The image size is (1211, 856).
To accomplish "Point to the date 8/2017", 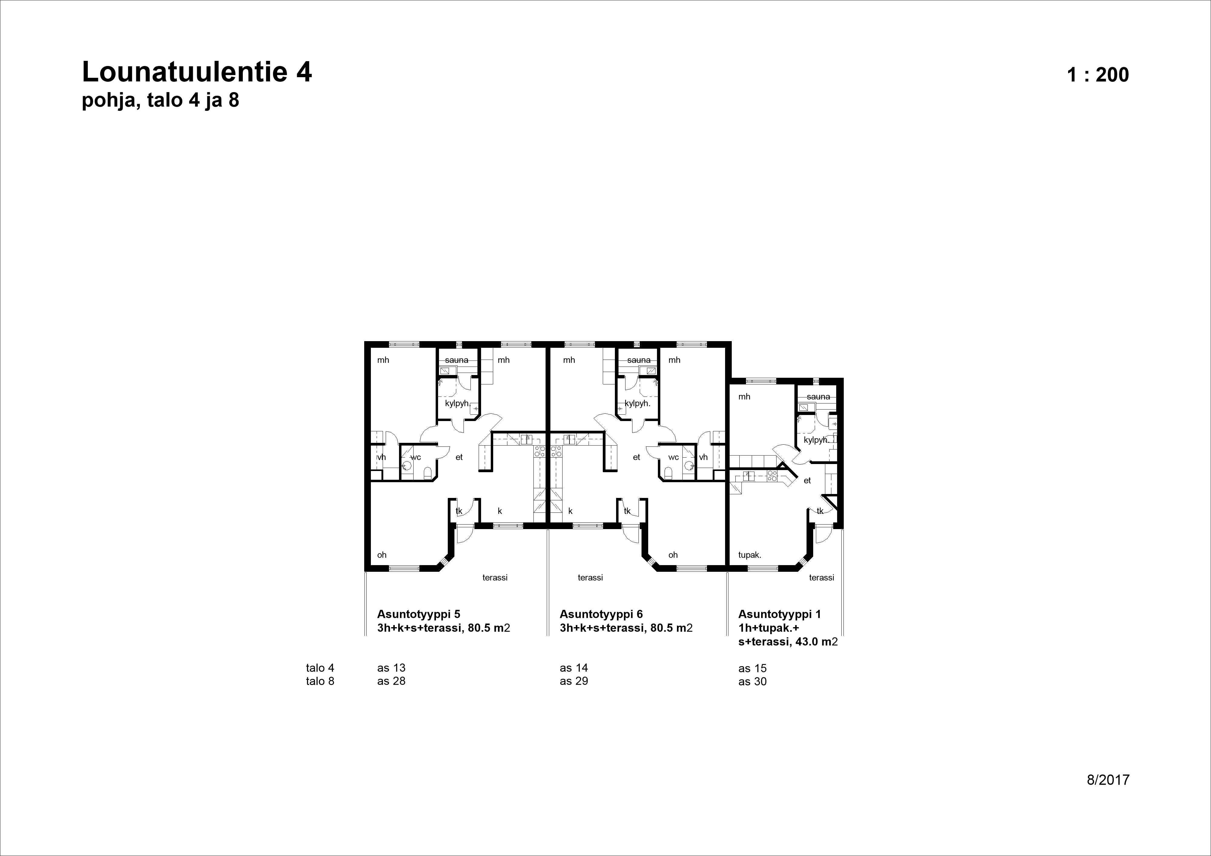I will pyautogui.click(x=1108, y=780).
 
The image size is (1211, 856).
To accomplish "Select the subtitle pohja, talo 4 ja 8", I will pyautogui.click(x=160, y=100).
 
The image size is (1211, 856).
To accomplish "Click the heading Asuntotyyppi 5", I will pyautogui.click(x=418, y=614).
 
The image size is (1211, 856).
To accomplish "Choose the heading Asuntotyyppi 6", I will pyautogui.click(x=601, y=614).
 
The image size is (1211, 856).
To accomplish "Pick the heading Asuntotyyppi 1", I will pyautogui.click(x=780, y=614).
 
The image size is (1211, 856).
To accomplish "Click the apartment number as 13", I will pyautogui.click(x=391, y=668).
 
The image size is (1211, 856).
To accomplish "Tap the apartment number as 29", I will pyautogui.click(x=573, y=681).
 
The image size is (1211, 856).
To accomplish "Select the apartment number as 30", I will pyautogui.click(x=752, y=681).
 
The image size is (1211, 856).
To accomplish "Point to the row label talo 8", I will pyautogui.click(x=320, y=681).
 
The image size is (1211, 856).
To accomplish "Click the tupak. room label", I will pyautogui.click(x=750, y=555).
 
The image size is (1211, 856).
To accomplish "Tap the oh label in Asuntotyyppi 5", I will pyautogui.click(x=381, y=555).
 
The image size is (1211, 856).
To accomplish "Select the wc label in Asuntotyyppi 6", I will pyautogui.click(x=673, y=457).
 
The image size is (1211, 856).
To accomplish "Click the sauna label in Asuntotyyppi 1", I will pyautogui.click(x=818, y=397).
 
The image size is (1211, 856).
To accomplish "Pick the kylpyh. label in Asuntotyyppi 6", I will pyautogui.click(x=637, y=403).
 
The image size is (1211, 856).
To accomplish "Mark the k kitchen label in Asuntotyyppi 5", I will pyautogui.click(x=500, y=511).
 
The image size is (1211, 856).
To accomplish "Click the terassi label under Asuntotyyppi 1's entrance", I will pyautogui.click(x=821, y=578).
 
